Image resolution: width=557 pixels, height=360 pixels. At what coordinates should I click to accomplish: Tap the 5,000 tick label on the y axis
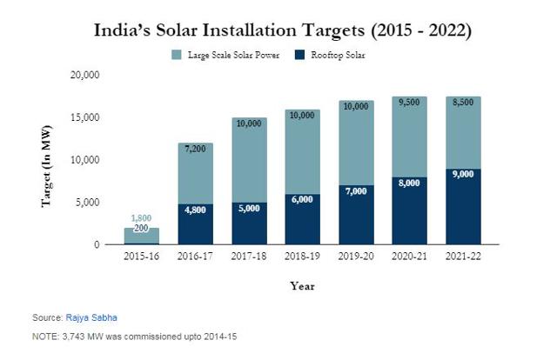(x=87, y=203)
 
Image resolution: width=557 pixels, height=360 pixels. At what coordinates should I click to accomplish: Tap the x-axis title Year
(x=302, y=284)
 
